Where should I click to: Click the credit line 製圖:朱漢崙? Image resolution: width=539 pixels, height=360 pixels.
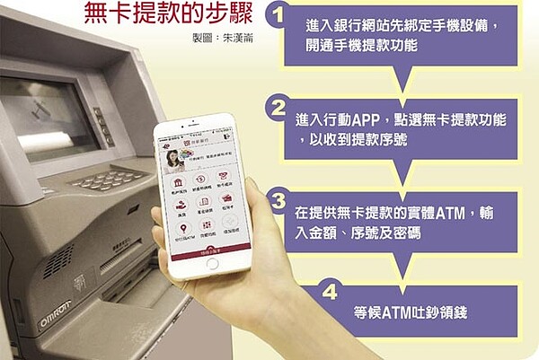(210, 40)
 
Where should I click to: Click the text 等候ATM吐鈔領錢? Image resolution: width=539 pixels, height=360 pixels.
(410, 313)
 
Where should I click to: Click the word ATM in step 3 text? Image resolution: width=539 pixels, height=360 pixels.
(472, 214)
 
